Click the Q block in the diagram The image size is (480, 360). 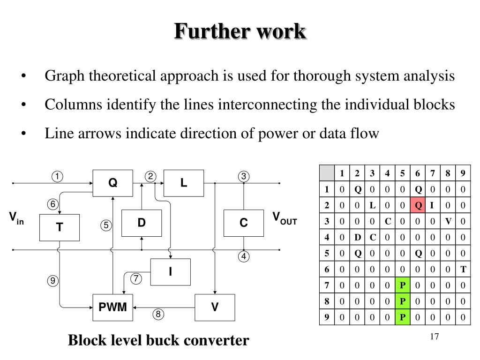112,183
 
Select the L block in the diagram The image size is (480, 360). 183,183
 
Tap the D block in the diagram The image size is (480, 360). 141,223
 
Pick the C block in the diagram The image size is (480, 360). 243,223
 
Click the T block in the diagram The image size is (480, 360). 60,227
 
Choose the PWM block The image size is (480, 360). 112,307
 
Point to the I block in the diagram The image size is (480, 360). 170,271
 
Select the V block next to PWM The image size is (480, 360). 215,307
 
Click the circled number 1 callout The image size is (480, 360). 57,177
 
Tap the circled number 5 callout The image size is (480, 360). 106,225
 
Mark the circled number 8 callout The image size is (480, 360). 158,315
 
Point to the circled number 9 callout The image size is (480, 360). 52,281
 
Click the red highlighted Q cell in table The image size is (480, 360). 417,205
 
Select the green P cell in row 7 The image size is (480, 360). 402,285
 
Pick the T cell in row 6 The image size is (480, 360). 463,269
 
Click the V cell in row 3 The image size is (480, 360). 448,221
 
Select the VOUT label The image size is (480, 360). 285,218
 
